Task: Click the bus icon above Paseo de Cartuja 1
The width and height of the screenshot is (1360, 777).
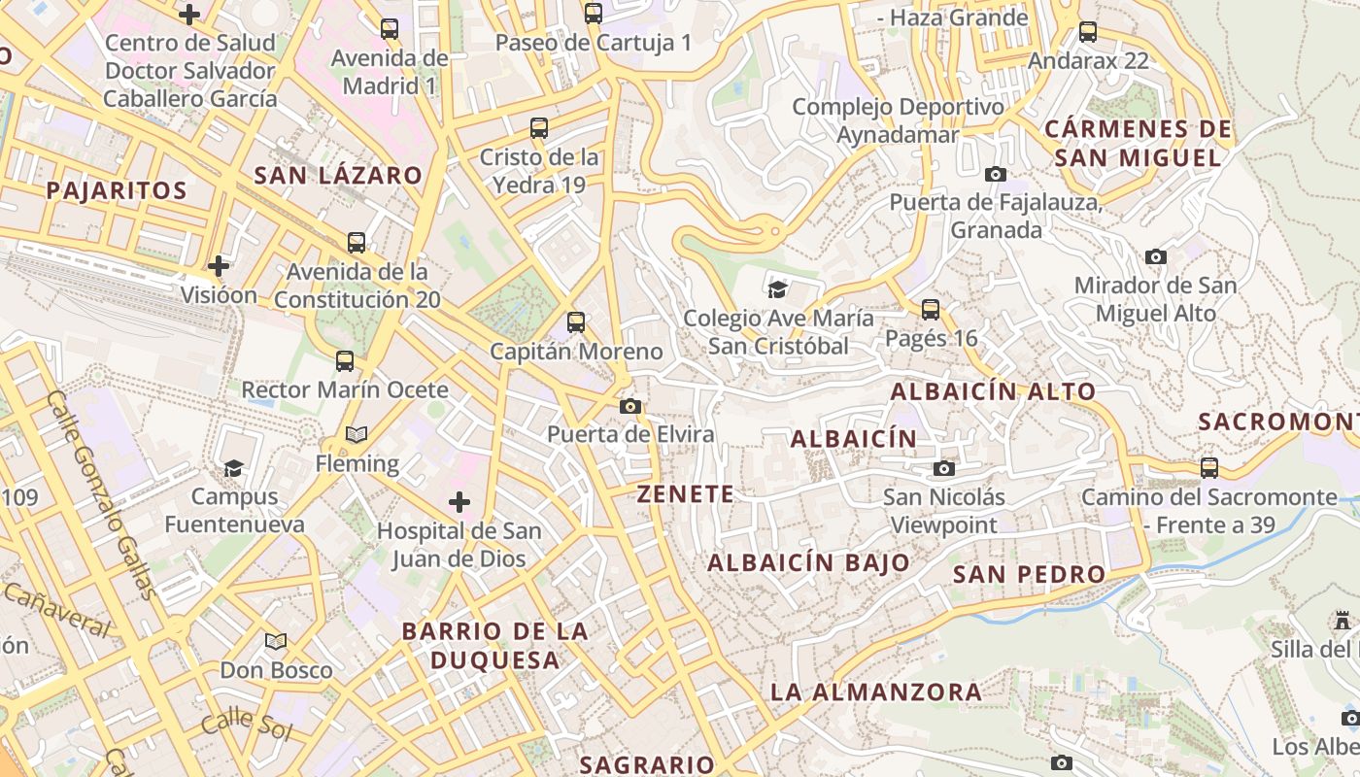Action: [593, 14]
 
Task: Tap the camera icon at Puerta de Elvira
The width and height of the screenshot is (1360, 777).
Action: [630, 406]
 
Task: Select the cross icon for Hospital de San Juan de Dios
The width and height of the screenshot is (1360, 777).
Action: [459, 502]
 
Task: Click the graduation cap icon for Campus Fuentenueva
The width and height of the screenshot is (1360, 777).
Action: [233, 469]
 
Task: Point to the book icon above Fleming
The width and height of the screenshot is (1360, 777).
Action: [357, 435]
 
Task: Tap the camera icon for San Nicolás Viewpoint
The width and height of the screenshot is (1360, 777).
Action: [943, 469]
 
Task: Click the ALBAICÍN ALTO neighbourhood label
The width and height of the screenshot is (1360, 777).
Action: [993, 391]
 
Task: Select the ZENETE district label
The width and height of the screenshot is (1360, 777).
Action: [686, 494]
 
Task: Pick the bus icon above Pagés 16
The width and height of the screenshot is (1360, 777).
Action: [931, 310]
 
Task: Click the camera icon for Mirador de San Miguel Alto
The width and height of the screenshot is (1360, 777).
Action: [1155, 257]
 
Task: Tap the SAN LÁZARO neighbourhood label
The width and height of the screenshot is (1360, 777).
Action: [338, 176]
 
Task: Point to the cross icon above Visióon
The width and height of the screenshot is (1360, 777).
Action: [219, 265]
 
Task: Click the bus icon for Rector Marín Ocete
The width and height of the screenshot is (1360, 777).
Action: [345, 361]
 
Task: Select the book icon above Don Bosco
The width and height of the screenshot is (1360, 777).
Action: [276, 641]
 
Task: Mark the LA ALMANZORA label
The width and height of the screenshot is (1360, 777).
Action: [876, 693]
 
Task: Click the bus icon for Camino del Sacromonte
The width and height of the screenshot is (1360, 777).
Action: [1209, 468]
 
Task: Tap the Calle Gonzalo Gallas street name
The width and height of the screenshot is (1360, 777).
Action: [101, 495]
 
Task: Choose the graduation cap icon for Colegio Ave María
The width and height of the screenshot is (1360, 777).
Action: [777, 289]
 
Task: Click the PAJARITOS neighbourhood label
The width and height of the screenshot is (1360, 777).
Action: [116, 190]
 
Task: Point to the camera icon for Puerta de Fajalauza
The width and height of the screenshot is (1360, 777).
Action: [996, 175]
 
